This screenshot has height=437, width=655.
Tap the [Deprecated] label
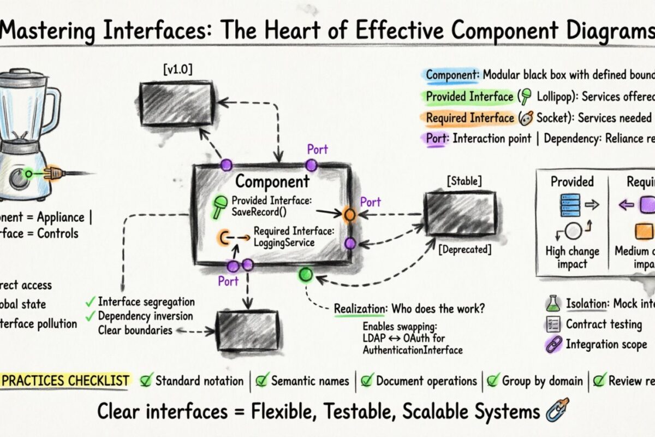[x=464, y=250]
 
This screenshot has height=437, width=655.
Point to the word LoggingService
[x=284, y=242]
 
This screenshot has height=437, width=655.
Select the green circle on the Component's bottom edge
[x=306, y=274]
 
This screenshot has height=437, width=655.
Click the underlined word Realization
[x=359, y=309]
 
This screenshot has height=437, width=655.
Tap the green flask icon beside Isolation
[x=553, y=304]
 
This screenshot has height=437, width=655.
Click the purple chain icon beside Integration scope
[x=553, y=345]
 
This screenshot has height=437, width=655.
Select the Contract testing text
[x=603, y=324]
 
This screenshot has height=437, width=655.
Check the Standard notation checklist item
[x=199, y=381]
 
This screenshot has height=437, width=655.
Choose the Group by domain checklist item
[x=542, y=381]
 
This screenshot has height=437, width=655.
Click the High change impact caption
[x=572, y=257]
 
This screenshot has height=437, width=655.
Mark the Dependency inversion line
[x=145, y=316]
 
